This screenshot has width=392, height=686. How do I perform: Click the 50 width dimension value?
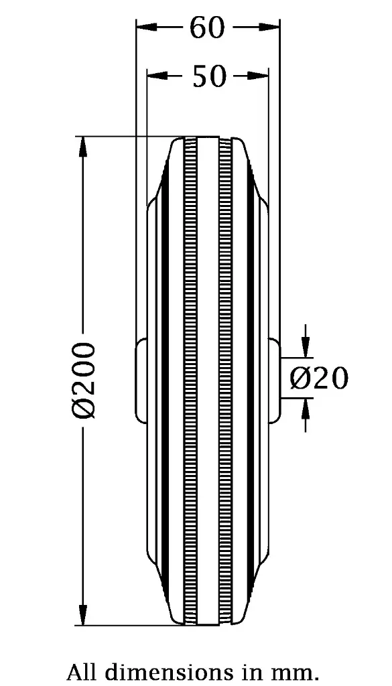(208, 76)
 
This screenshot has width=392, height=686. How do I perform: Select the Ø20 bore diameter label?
(319, 379)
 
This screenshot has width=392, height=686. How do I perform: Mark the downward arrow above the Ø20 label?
(306, 346)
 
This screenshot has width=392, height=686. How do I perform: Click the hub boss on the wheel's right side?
(275, 381)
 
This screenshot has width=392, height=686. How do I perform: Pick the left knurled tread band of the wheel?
(192, 381)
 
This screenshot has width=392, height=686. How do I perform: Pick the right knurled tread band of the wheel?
(224, 381)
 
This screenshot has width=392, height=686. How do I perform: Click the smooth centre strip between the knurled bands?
(208, 381)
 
